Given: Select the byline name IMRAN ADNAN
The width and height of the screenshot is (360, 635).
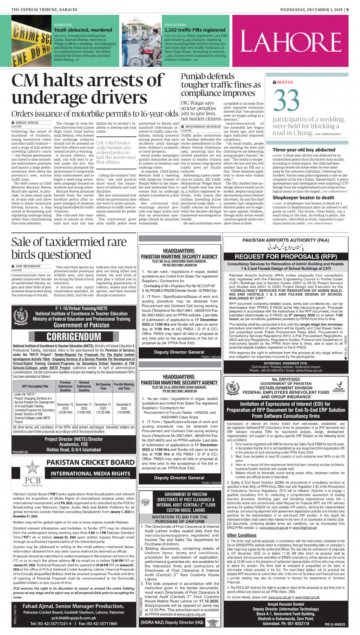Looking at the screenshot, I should click(26, 123).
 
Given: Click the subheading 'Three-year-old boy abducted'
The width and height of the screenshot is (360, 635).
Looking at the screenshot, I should click(304, 150).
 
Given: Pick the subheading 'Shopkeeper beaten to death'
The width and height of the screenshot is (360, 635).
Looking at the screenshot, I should click(303, 198).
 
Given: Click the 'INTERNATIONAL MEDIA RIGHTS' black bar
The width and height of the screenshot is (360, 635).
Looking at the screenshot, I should click(90, 473).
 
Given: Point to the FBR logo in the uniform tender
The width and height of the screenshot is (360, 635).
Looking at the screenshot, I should click(145, 503).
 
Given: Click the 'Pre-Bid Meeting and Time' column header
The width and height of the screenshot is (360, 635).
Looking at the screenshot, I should click(124, 386).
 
